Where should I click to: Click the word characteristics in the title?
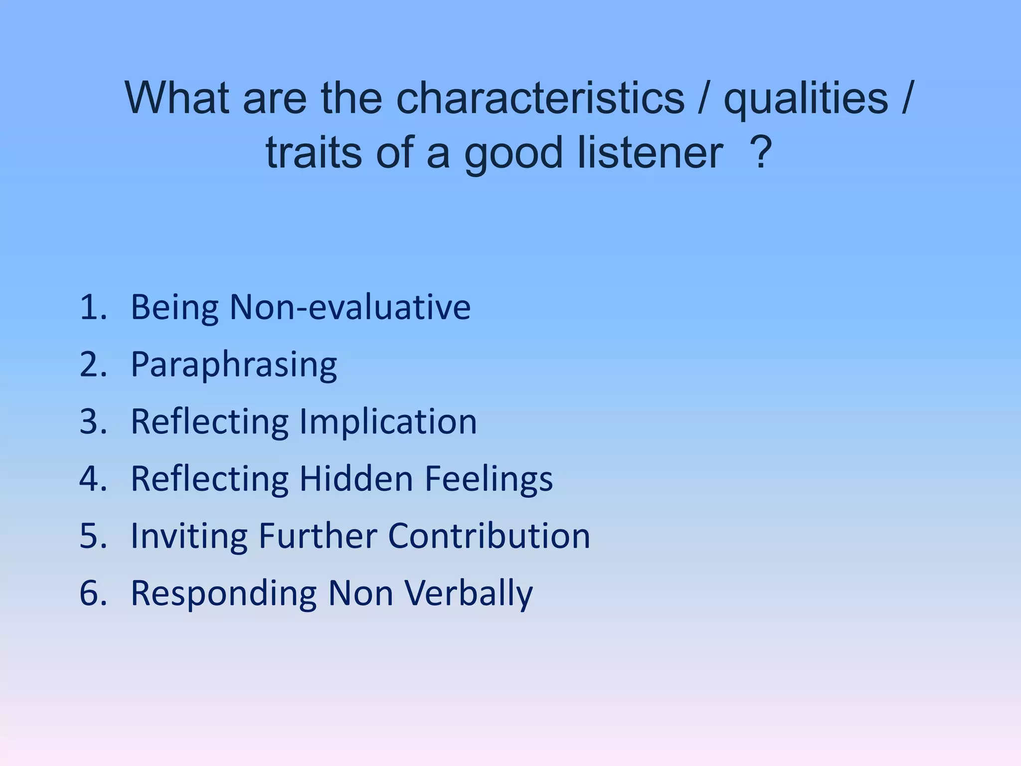pos(540,98)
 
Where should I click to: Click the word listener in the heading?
pos(651,153)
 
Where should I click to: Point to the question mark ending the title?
pos(761,153)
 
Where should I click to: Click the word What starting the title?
pos(177,98)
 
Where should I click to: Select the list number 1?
pos(93,307)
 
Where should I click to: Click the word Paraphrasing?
pos(234,365)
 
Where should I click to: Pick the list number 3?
pos(93,422)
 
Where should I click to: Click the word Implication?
pos(388,422)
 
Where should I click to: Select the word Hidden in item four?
pos(356,479)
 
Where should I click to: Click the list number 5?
pos(93,536)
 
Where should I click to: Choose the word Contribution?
pos(489,536)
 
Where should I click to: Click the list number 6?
pos(93,593)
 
